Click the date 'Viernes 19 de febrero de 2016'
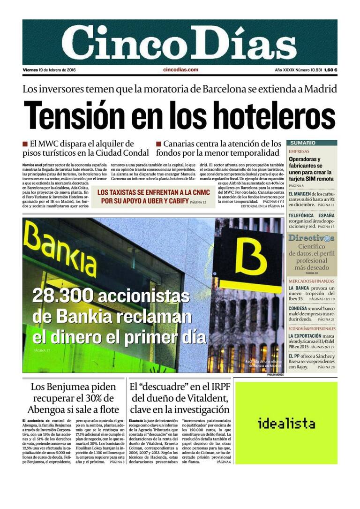click(x=49, y=70)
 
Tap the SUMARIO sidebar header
click(x=302, y=143)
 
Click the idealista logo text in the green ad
click(x=286, y=424)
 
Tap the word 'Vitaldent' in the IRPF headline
click(x=204, y=399)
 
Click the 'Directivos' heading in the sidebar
click(x=311, y=238)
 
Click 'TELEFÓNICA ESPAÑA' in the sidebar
click(x=311, y=215)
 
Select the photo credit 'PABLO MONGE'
click(x=276, y=375)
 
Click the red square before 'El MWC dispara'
click(x=25, y=144)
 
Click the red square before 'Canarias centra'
click(x=159, y=144)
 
